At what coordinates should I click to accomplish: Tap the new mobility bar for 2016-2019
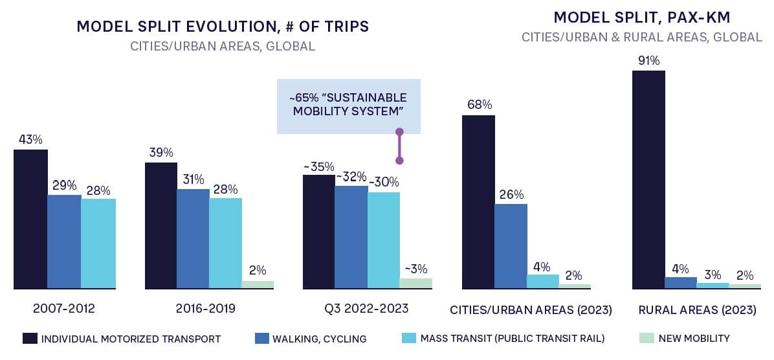pyautogui.click(x=258, y=284)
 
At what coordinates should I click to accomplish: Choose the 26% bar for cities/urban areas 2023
pyautogui.click(x=511, y=246)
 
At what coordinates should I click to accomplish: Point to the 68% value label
pyautogui.click(x=478, y=105)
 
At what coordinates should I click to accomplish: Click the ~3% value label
pyautogui.click(x=416, y=269)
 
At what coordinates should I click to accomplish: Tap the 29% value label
pyautogui.click(x=64, y=185)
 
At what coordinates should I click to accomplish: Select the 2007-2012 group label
pyautogui.click(x=64, y=309)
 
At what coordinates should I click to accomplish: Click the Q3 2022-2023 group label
pyautogui.click(x=368, y=309)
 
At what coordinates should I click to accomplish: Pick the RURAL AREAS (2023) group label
pyautogui.click(x=697, y=309)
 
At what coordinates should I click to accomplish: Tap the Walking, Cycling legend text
pyautogui.click(x=319, y=339)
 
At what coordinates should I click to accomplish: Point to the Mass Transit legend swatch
pyautogui.click(x=409, y=339)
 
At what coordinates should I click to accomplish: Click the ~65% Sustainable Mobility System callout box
pyautogui.click(x=348, y=106)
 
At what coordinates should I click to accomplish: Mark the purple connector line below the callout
pyautogui.click(x=399, y=146)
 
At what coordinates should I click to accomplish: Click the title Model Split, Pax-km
pyautogui.click(x=642, y=17)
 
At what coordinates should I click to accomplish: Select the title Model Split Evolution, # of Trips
pyautogui.click(x=223, y=27)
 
